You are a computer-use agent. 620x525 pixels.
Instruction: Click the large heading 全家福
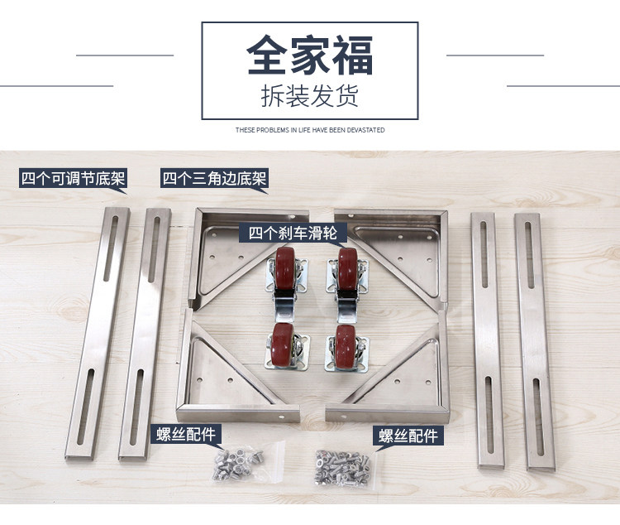310,55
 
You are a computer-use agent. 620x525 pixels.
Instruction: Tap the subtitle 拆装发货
310,96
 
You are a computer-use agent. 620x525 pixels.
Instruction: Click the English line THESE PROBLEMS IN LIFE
310,130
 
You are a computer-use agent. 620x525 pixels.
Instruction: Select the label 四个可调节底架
73,178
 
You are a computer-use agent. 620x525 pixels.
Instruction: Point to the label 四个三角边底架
214,178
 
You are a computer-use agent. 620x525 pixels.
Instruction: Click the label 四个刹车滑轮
293,233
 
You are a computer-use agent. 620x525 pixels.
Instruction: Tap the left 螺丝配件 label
186,434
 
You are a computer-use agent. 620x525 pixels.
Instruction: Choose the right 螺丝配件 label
408,436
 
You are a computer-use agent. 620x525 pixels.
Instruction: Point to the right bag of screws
345,468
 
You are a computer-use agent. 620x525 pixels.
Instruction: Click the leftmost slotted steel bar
98,334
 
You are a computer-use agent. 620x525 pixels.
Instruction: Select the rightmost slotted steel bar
535,341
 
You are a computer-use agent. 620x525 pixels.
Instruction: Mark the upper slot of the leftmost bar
111,248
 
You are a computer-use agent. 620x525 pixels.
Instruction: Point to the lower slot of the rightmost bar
538,417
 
